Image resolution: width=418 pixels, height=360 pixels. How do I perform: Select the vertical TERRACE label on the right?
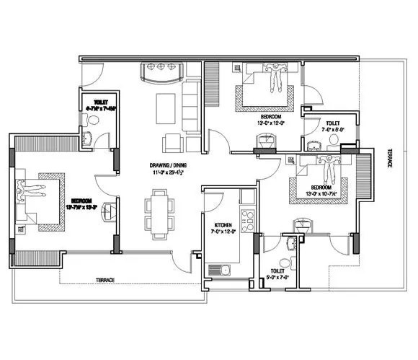tap(390, 155)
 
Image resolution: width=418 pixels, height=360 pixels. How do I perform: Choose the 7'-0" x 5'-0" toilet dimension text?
tap(332, 131)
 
